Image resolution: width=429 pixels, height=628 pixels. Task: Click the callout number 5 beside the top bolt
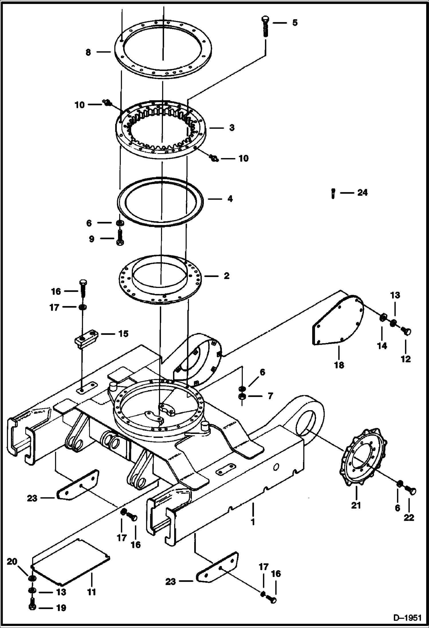coord(295,23)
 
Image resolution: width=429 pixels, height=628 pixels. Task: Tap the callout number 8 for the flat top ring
coord(88,52)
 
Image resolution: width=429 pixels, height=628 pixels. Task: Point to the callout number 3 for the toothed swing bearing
coord(232,128)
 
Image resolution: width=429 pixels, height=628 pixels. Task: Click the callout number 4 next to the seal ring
coord(230,199)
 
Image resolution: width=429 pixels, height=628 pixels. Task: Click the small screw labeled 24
coord(333,193)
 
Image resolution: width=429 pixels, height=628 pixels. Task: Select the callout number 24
coord(362,193)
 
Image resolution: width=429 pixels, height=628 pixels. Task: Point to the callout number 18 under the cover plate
coord(339,365)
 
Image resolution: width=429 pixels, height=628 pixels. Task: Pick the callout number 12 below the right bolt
coord(406,359)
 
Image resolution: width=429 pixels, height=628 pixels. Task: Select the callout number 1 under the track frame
coord(253,522)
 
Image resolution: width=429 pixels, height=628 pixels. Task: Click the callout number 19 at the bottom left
coord(61,608)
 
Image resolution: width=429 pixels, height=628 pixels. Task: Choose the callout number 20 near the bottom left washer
coord(12,562)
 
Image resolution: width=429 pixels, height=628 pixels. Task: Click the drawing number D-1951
coord(407,618)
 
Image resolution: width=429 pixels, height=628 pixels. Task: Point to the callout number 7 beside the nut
coord(270,396)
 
